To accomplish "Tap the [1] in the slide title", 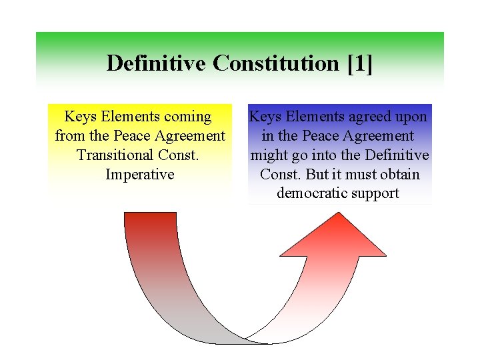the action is pos(359,63).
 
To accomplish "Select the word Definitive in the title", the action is pos(156,63).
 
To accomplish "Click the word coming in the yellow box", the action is pos(187,117).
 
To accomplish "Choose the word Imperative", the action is pos(140,175).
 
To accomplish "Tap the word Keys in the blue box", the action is pos(265,117).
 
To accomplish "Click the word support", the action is pos(378,194).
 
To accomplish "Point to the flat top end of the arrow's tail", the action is pos(151,213).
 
